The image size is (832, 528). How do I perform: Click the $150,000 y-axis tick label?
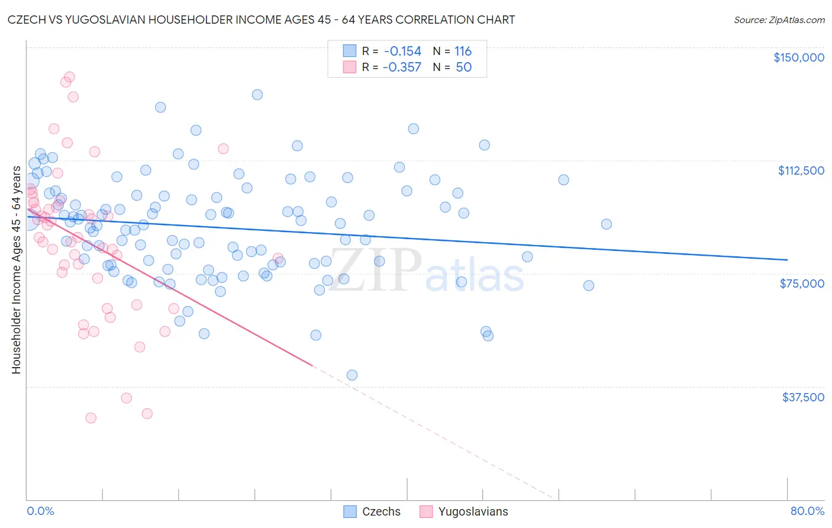(x=798, y=57)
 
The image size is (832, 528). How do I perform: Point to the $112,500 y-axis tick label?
(x=801, y=170)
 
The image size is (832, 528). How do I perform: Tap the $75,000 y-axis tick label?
(x=802, y=284)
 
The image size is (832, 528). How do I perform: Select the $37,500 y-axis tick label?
(x=803, y=397)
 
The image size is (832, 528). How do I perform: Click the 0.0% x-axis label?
(x=40, y=511)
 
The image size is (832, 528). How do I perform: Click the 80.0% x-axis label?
(x=807, y=511)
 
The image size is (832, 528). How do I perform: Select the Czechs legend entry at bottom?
(x=373, y=511)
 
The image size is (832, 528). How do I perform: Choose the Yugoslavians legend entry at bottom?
(x=465, y=511)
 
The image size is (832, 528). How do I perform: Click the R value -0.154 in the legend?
(x=402, y=51)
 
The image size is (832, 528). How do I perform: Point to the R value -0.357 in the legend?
(x=402, y=67)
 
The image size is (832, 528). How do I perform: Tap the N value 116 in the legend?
(x=463, y=51)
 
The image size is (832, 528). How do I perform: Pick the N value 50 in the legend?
(x=463, y=67)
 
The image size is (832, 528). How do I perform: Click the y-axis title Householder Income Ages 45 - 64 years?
(x=16, y=270)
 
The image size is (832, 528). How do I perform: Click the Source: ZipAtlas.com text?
(x=779, y=20)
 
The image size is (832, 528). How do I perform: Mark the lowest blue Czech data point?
(x=351, y=375)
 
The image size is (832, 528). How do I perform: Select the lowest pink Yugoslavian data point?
(x=91, y=418)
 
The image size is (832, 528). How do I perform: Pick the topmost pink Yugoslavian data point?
(x=69, y=77)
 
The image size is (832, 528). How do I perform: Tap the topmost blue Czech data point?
(x=257, y=95)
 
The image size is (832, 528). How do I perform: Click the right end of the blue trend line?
(x=787, y=259)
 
